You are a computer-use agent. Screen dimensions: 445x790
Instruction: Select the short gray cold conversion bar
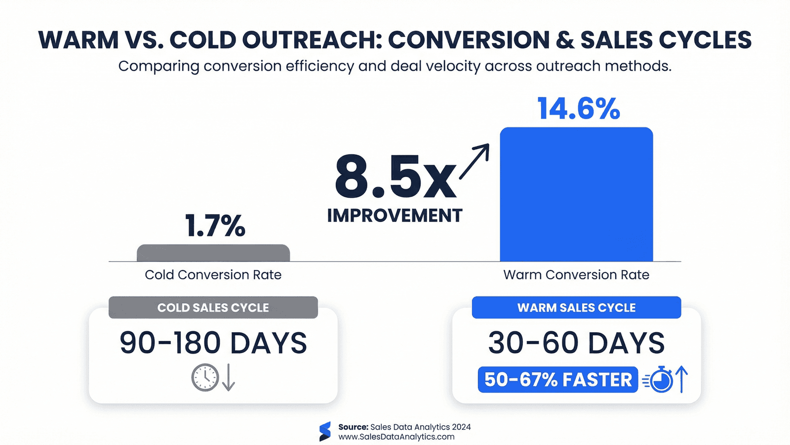[x=213, y=253]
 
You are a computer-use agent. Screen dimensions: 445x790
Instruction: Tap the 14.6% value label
[x=578, y=109]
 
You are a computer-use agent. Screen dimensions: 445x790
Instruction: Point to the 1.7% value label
[x=215, y=226]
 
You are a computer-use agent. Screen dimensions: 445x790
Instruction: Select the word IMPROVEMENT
[x=395, y=216]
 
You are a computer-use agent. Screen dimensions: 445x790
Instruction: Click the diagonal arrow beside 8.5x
[x=474, y=161]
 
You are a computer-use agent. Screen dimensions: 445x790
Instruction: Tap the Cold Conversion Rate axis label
[x=213, y=275]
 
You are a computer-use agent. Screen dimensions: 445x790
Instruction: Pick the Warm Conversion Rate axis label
[x=576, y=275]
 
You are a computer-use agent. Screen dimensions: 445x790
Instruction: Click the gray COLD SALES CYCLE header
[x=213, y=308]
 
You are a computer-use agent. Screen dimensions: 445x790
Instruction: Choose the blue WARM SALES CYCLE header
[x=576, y=308]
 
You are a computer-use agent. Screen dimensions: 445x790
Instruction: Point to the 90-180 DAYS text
[x=213, y=343]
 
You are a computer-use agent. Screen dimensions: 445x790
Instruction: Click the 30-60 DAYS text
[x=576, y=343]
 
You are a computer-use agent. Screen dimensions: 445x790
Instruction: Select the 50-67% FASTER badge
[x=558, y=380]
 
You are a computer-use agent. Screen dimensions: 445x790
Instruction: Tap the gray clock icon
[x=205, y=378]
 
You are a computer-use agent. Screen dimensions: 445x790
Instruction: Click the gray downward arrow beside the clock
[x=228, y=378]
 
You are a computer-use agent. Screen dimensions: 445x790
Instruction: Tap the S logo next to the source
[x=325, y=432]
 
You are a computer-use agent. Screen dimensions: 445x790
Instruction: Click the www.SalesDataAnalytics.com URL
[x=396, y=437]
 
